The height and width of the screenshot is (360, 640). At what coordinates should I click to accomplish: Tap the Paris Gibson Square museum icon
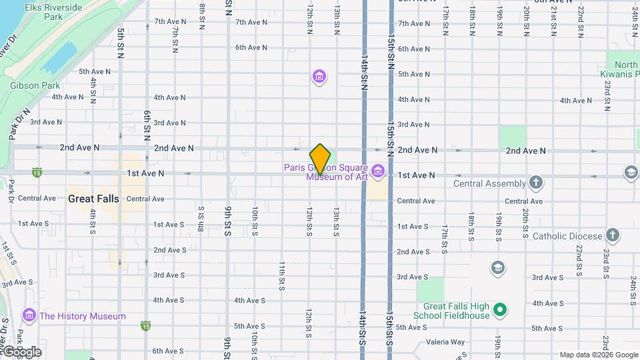click(378, 171)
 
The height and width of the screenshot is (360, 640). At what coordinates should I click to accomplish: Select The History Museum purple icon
click(29, 315)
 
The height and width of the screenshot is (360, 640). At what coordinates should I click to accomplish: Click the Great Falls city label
click(93, 199)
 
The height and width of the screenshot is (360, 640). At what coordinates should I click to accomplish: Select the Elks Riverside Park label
click(53, 12)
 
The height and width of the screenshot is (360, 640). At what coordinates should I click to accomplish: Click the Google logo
click(21, 351)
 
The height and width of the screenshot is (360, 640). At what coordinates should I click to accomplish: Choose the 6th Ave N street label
click(251, 47)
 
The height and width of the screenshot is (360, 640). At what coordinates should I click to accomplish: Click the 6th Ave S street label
click(168, 351)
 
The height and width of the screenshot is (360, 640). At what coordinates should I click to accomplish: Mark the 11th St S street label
click(282, 275)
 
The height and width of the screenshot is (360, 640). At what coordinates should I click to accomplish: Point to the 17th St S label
click(445, 239)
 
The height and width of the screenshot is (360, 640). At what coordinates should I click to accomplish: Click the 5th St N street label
click(120, 43)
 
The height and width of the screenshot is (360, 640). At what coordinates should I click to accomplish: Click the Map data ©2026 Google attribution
click(598, 355)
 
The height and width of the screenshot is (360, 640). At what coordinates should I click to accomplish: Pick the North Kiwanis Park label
click(627, 69)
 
